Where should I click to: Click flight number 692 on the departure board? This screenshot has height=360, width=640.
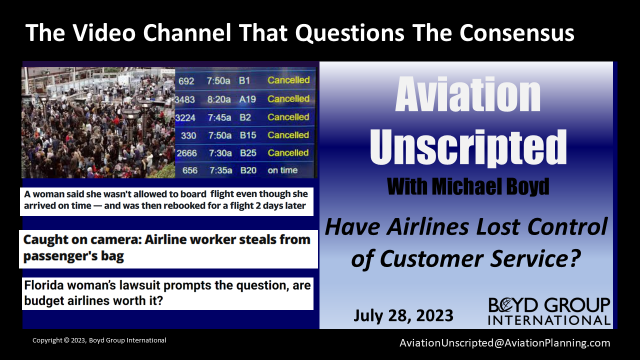(186, 81)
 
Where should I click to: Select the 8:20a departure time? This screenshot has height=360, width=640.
(219, 99)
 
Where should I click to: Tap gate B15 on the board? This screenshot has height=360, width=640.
(248, 135)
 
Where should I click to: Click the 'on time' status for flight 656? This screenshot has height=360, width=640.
(282, 170)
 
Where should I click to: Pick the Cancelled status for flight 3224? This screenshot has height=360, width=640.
(288, 117)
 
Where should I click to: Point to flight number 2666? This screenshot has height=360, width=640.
(186, 153)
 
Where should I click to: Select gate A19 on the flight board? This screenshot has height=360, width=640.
(247, 99)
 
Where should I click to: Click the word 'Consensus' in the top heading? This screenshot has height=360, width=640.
(517, 33)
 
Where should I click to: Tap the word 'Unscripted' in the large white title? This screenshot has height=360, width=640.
(468, 147)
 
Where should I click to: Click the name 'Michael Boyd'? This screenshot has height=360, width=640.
(490, 187)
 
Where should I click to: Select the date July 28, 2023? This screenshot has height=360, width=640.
(403, 315)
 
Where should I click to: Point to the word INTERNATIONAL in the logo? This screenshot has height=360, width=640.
(549, 320)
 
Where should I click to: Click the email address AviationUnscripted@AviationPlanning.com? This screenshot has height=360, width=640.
(504, 343)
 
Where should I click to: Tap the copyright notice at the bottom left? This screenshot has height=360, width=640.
(99, 340)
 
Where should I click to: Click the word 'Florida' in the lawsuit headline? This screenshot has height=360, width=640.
(42, 285)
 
